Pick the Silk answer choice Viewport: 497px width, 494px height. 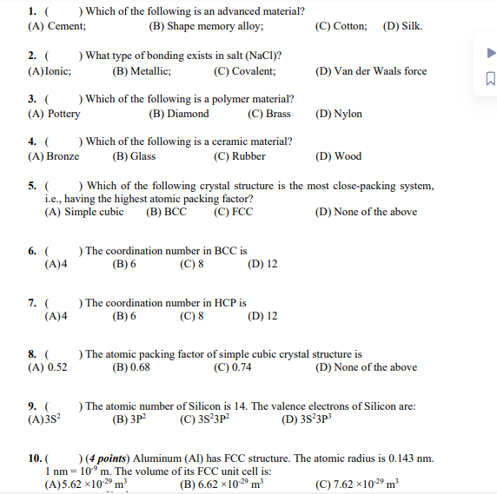tap(403, 26)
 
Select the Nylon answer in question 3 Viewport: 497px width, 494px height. tap(339, 114)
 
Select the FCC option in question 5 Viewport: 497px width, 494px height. tap(233, 211)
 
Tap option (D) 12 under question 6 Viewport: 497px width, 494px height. tap(262, 264)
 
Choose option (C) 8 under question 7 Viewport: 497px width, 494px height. tap(191, 316)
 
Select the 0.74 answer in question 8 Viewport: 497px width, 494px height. tap(232, 367)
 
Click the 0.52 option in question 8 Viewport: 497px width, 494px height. tap(48, 367)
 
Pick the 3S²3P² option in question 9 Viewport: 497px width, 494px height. tap(205, 419)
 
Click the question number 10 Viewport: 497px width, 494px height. tap(36, 458)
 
